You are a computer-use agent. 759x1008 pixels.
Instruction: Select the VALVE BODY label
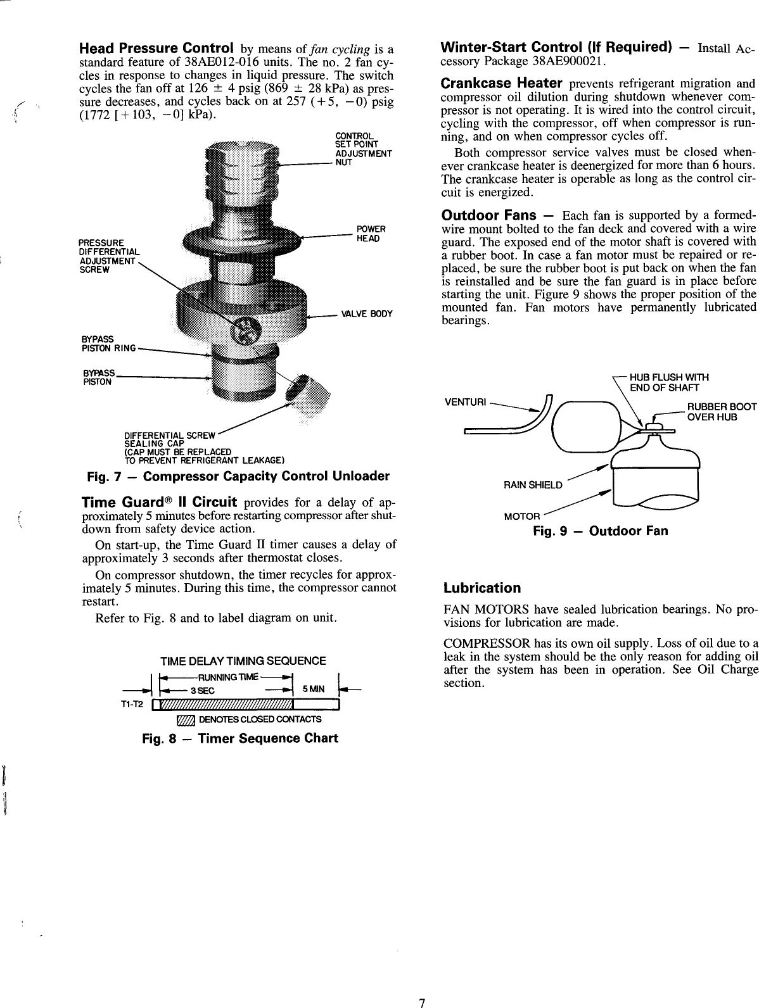[367, 314]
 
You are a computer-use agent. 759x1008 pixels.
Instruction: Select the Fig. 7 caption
[238, 476]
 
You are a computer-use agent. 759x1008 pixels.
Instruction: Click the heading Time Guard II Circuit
[160, 503]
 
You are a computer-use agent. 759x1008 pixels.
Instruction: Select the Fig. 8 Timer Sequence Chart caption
[240, 738]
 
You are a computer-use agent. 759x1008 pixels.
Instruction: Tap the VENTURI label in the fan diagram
[466, 402]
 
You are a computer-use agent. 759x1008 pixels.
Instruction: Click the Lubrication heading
[482, 588]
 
